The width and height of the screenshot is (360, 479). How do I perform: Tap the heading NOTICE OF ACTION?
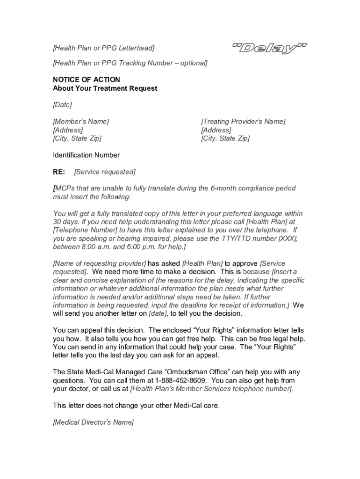86,80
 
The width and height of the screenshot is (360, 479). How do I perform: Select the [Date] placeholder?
63,105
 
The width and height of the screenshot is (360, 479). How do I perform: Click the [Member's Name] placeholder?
81,122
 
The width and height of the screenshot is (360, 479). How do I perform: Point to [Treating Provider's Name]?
243,122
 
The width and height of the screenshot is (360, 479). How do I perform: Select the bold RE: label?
59,172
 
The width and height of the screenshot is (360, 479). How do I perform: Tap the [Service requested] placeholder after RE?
105,172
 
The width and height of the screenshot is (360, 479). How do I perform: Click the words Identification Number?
86,155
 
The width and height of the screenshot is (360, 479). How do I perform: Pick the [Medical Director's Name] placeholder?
94,422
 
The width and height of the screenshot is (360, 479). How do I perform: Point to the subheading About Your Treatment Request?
105,88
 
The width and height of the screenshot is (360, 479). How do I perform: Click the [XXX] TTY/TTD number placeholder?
288,239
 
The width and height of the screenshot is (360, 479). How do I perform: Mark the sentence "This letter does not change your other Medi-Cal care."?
136,406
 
